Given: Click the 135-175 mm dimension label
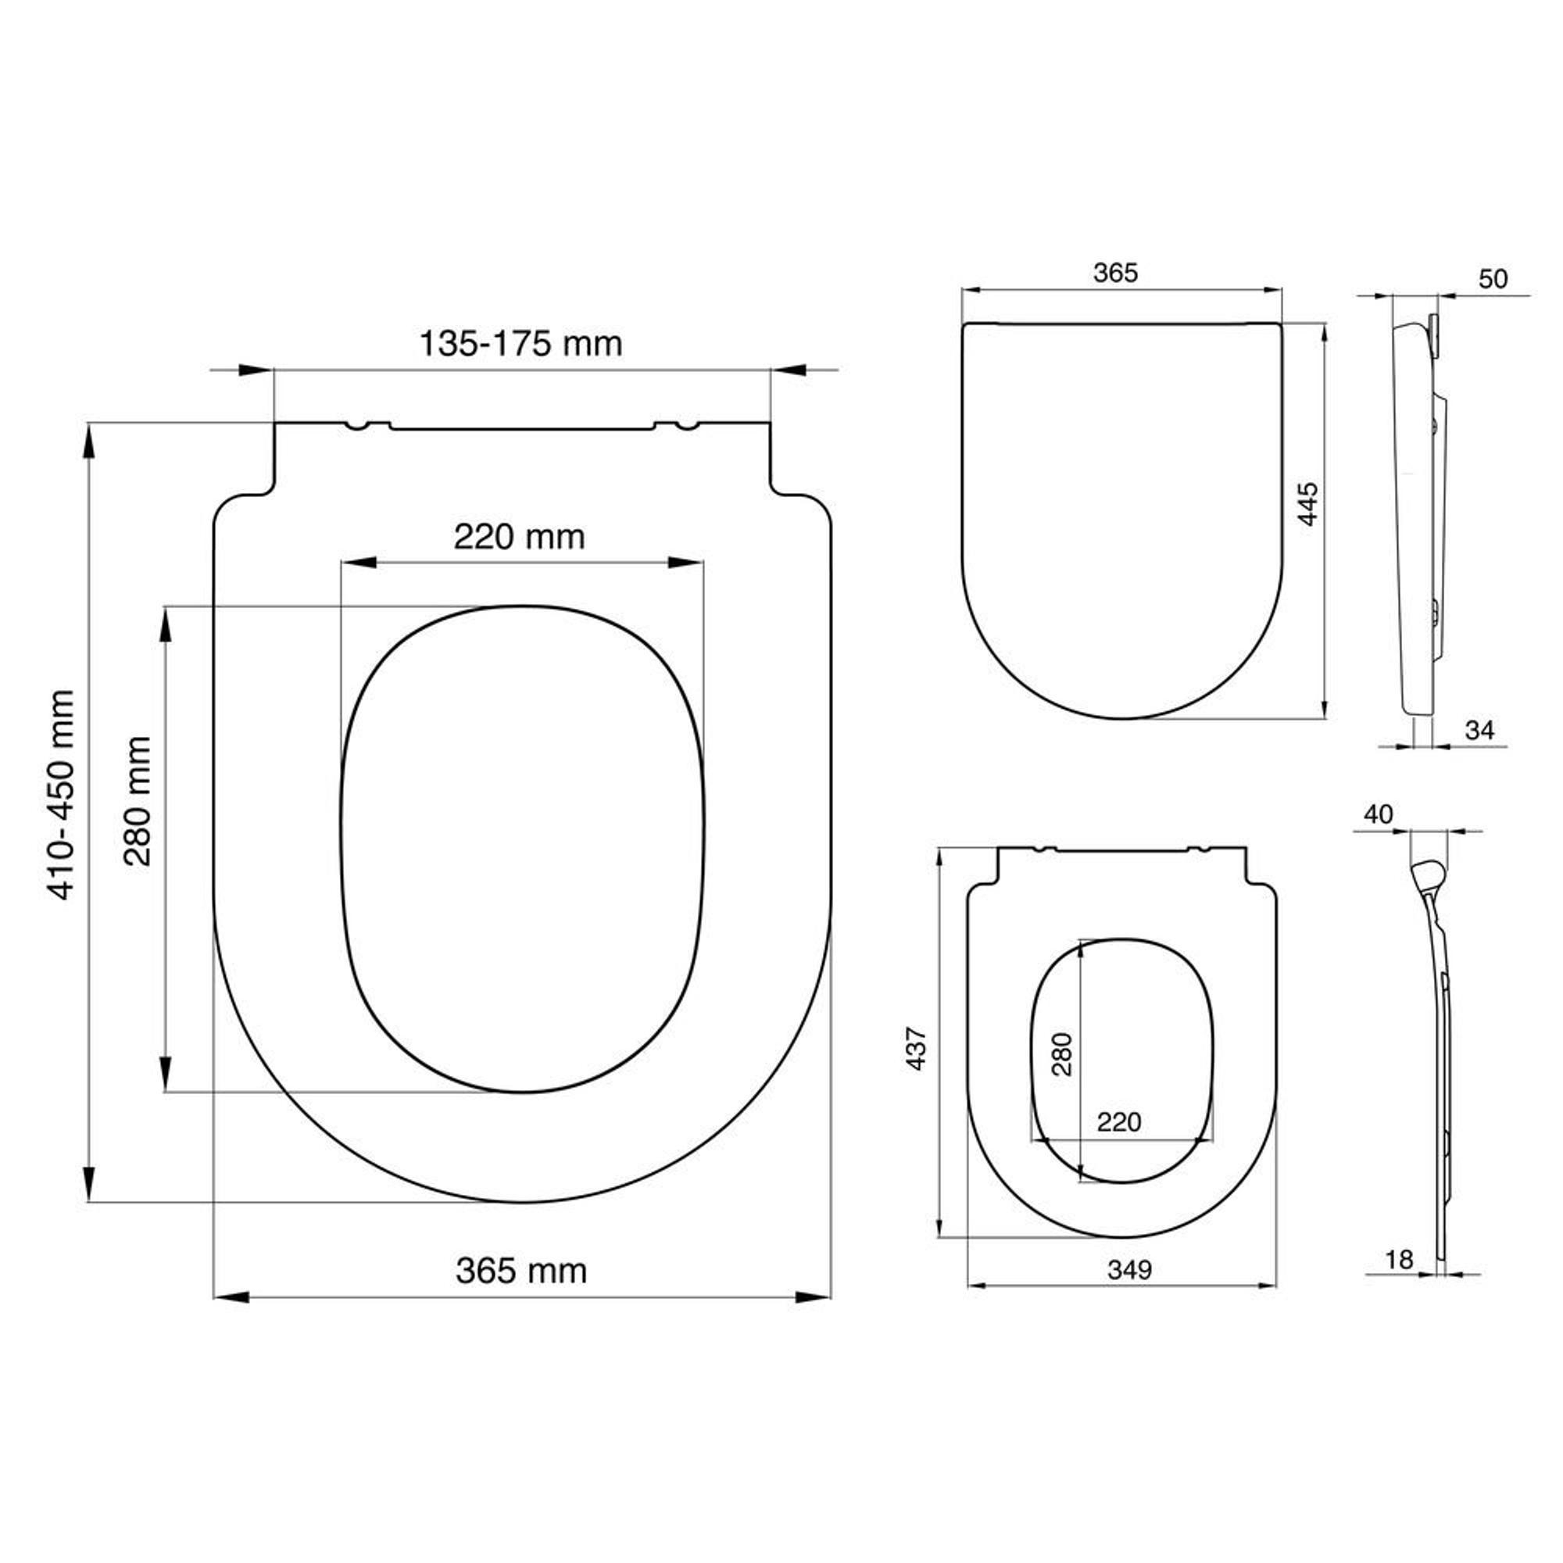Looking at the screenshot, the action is [520, 344].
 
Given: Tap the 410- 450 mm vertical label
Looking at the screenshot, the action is [63, 796].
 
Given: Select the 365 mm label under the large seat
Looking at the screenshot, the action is [521, 1271].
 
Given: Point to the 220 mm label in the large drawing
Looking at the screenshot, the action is [520, 536].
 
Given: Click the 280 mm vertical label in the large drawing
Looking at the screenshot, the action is [138, 801].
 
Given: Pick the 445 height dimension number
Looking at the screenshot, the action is [1308, 504].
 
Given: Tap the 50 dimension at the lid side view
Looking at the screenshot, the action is [1493, 278].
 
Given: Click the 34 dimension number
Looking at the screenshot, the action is [1479, 730].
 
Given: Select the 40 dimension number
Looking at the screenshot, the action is [1379, 814].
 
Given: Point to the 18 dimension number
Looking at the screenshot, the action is [1399, 1260].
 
